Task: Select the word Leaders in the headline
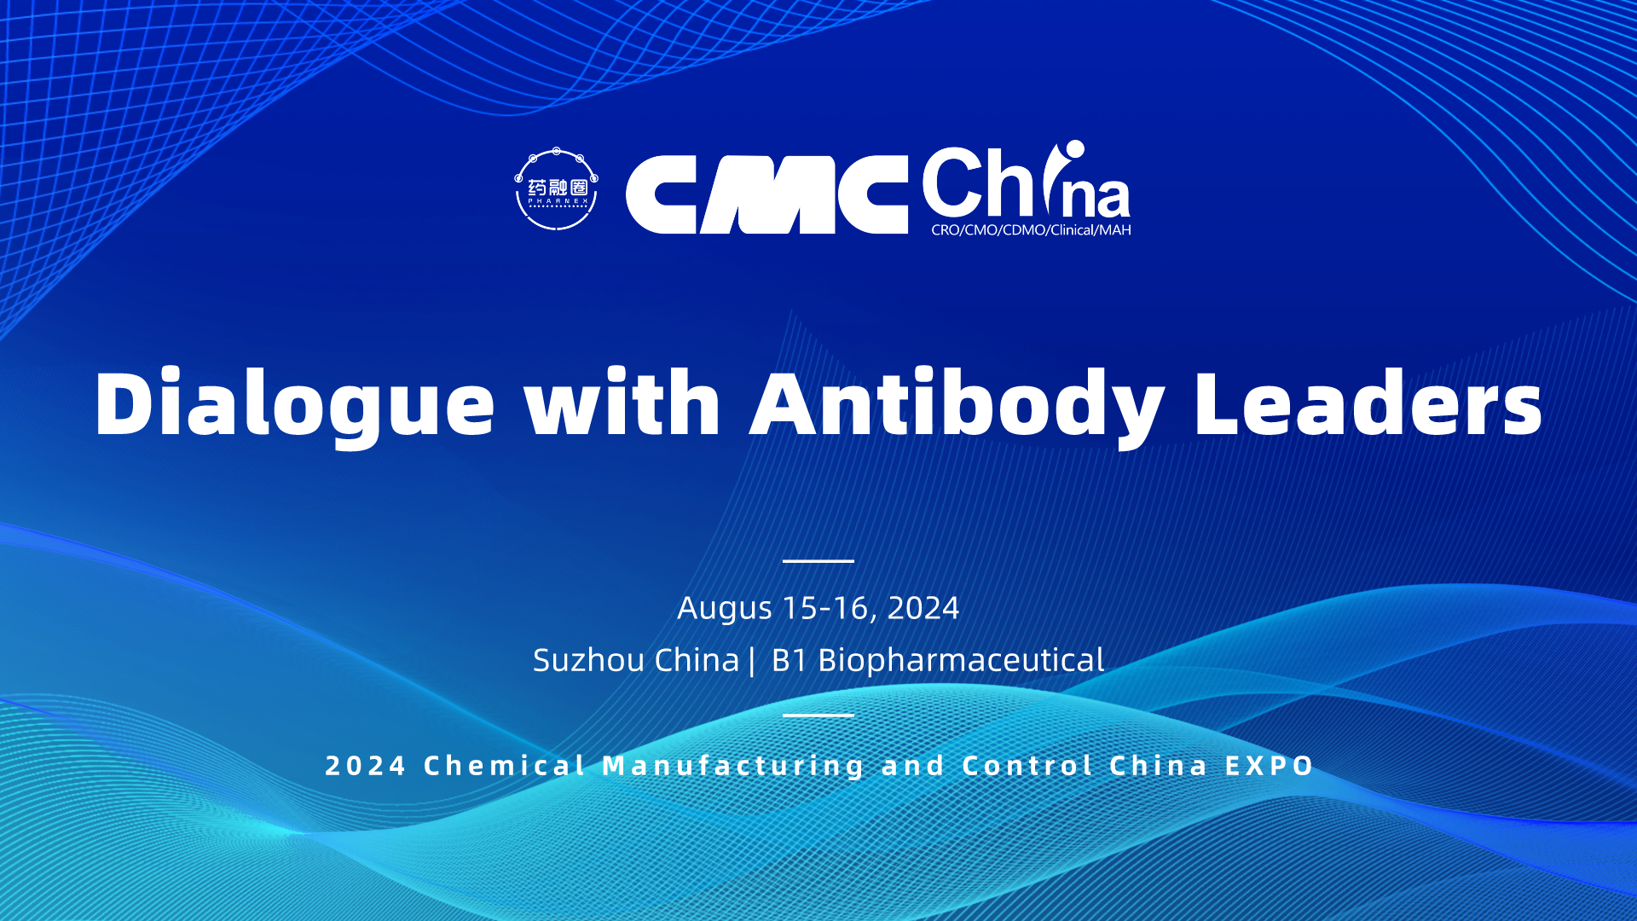(1368, 403)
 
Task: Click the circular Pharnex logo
(557, 189)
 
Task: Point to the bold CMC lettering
(766, 194)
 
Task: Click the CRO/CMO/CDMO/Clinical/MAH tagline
(1031, 230)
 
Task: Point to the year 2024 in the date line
(923, 608)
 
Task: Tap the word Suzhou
(588, 660)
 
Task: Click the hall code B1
(789, 660)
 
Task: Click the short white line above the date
(818, 561)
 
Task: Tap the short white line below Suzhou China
(818, 715)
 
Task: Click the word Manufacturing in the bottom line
(734, 767)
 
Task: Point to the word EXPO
(1270, 766)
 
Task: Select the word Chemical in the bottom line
(505, 766)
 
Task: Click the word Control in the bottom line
(1027, 766)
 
